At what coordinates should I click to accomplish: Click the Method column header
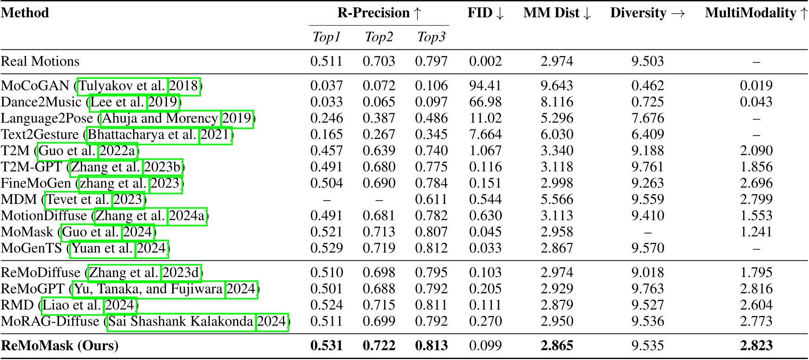click(x=25, y=13)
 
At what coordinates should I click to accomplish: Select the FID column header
click(x=485, y=13)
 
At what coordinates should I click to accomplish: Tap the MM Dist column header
click(x=557, y=13)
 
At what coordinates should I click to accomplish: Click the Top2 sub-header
click(x=379, y=37)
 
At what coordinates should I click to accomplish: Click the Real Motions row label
click(x=40, y=61)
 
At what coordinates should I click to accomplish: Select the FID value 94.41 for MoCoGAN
click(x=485, y=86)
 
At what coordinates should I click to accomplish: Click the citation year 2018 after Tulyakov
click(x=184, y=86)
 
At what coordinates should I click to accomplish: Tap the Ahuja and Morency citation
click(x=160, y=118)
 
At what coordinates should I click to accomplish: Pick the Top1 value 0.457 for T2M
click(x=326, y=151)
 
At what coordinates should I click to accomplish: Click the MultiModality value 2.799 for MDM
click(x=756, y=200)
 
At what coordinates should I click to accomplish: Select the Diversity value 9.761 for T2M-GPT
click(x=647, y=167)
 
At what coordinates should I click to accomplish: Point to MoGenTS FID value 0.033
click(x=485, y=248)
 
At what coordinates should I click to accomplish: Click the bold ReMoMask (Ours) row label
click(x=60, y=346)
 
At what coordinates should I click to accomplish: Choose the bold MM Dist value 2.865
click(x=557, y=346)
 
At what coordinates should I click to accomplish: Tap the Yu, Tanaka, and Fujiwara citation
click(x=148, y=289)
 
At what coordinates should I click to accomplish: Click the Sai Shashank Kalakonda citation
click(x=181, y=322)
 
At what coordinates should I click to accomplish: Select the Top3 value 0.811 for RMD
click(x=431, y=306)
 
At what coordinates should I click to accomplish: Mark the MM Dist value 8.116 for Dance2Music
click(x=557, y=102)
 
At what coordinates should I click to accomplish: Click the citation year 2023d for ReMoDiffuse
click(x=182, y=273)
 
